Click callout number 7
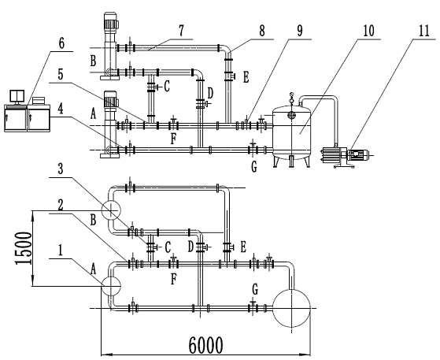[x=182, y=31]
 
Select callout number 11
[x=424, y=31]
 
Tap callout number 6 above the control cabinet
[x=61, y=44]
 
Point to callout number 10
[x=368, y=31]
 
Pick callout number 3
[x=61, y=169]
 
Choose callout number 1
[x=61, y=251]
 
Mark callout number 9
[x=299, y=31]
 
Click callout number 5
[x=61, y=75]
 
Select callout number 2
[x=61, y=206]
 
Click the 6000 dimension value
[x=205, y=345]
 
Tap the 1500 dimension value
[x=23, y=248]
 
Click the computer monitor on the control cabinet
[x=17, y=97]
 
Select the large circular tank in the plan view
[x=292, y=308]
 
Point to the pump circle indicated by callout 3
[x=111, y=210]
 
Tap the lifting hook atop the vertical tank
[x=292, y=97]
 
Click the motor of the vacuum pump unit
[x=358, y=154]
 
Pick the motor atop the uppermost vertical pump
[x=110, y=21]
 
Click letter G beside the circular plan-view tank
[x=255, y=290]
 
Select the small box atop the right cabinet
[x=39, y=101]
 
